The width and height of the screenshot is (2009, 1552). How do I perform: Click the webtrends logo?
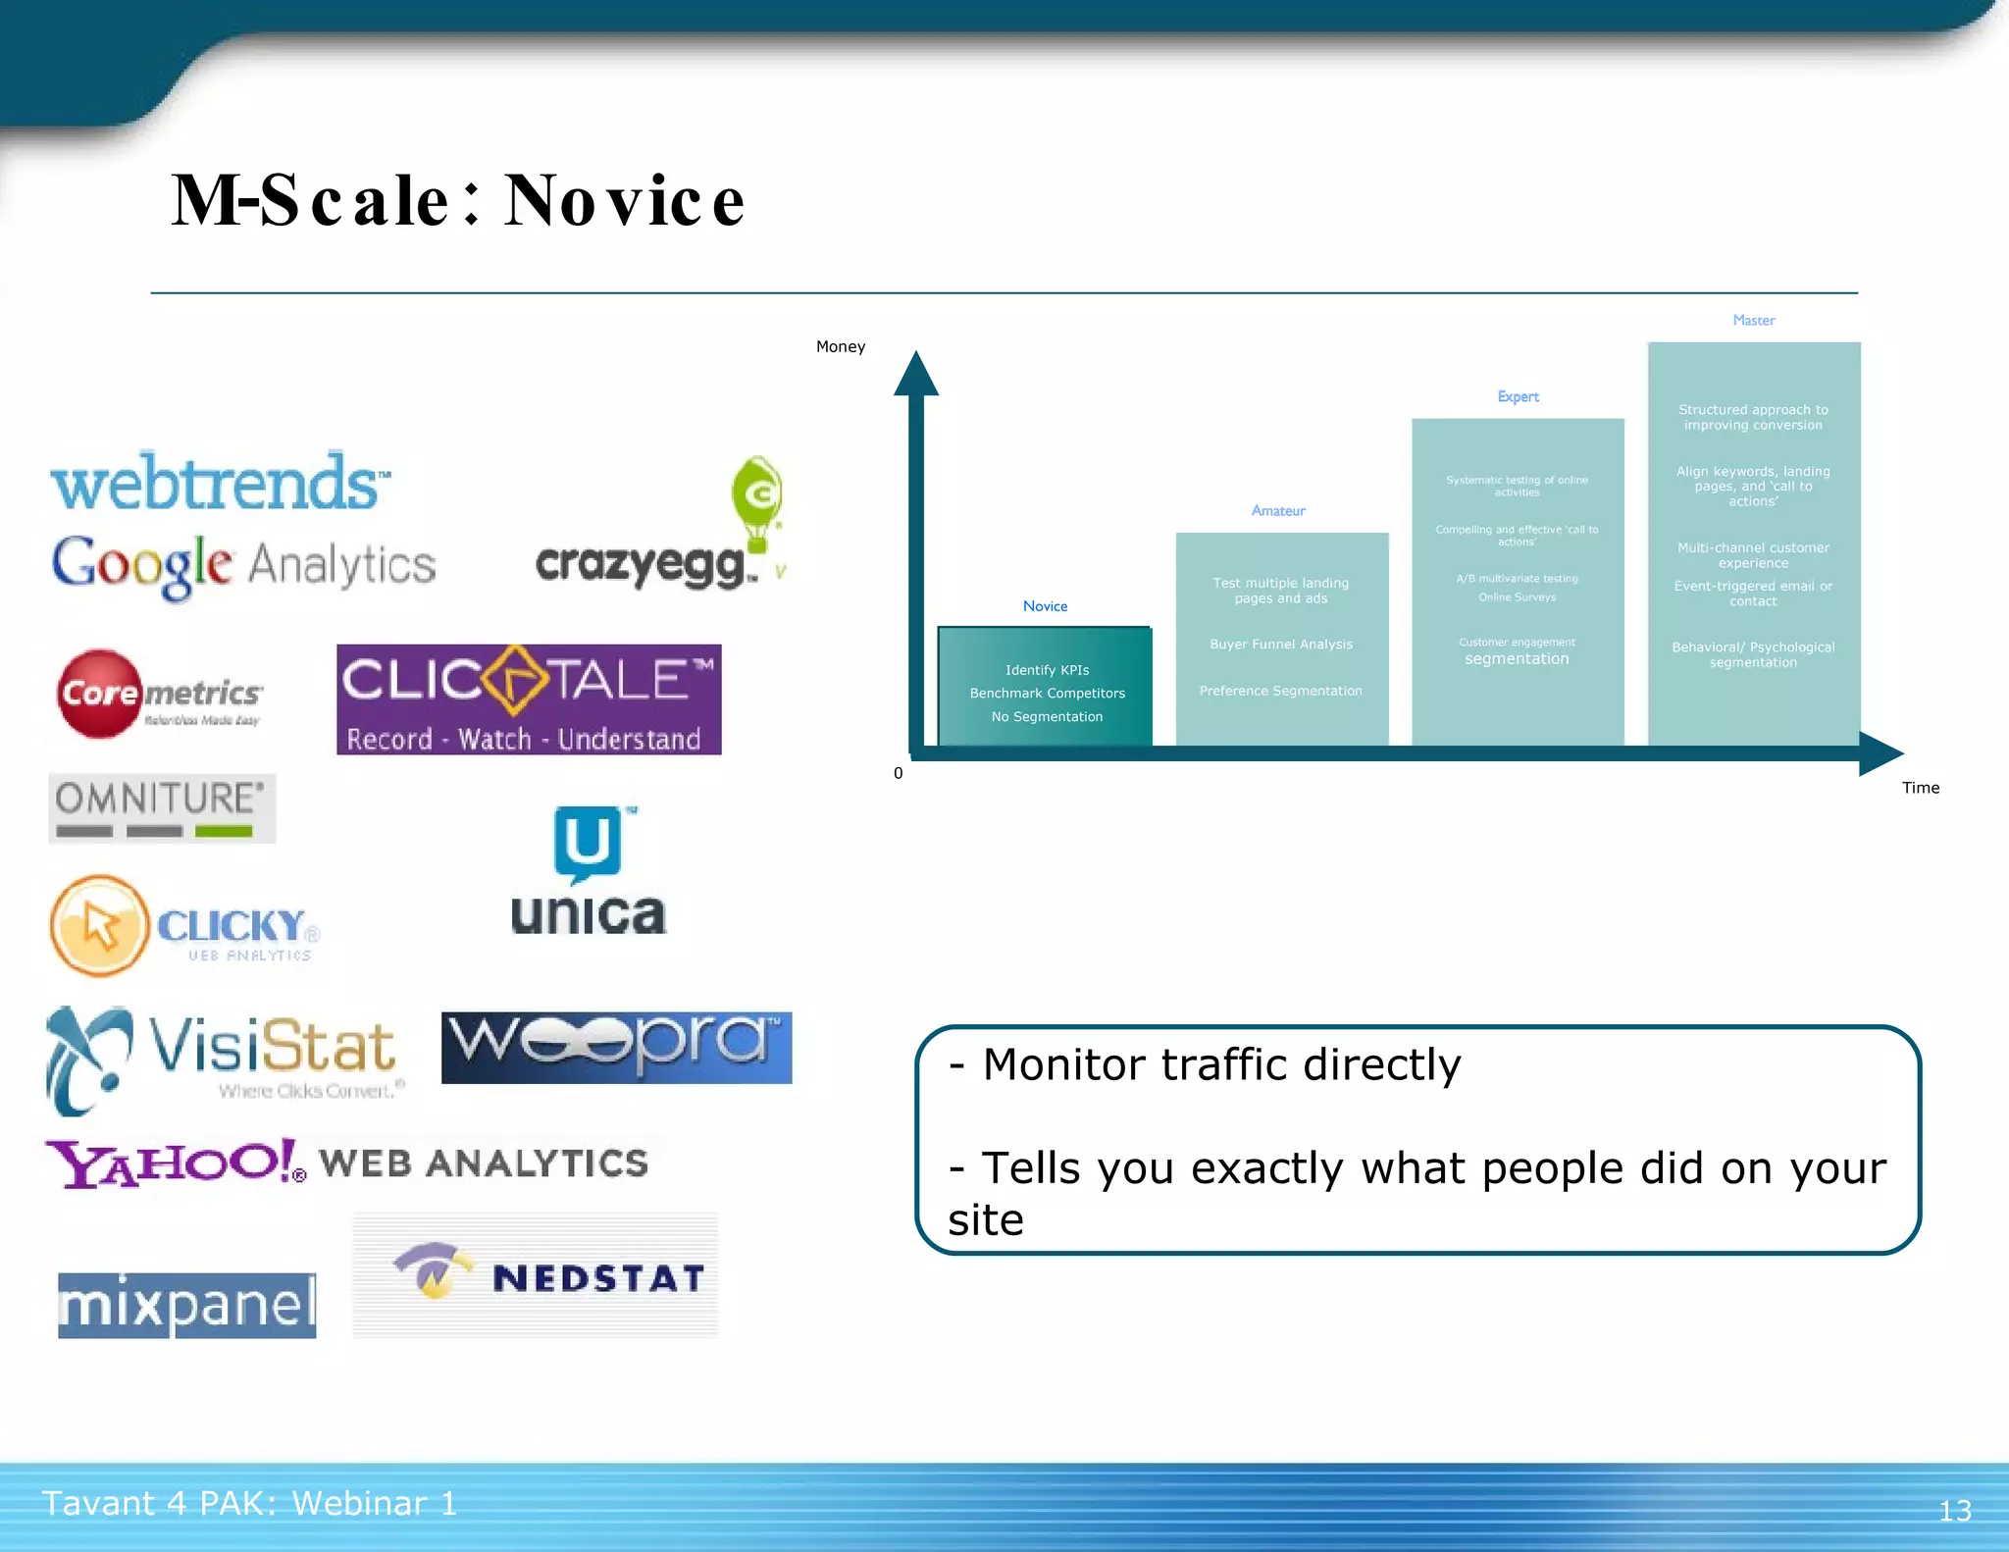pyautogui.click(x=220, y=483)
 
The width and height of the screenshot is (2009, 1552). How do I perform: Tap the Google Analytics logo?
pyautogui.click(x=243, y=565)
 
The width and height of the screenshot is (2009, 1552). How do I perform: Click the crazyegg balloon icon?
pyautogui.click(x=756, y=500)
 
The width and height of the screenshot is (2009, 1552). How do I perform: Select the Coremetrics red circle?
pyautogui.click(x=98, y=693)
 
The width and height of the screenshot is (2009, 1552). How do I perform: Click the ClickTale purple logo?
pyautogui.click(x=529, y=699)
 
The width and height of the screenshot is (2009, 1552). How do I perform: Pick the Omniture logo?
pyautogui.click(x=162, y=808)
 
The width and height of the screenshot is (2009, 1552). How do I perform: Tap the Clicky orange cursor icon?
pyautogui.click(x=99, y=925)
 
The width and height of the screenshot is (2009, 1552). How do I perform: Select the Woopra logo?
pyautogui.click(x=616, y=1047)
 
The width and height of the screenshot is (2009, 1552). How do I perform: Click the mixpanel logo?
pyautogui.click(x=187, y=1305)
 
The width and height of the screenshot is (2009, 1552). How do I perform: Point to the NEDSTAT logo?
pyautogui.click(x=536, y=1275)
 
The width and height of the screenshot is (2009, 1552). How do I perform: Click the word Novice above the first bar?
pyautogui.click(x=1045, y=606)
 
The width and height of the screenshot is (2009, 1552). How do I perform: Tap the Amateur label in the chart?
pyautogui.click(x=1278, y=510)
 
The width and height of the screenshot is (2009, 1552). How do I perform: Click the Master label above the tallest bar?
pyautogui.click(x=1753, y=320)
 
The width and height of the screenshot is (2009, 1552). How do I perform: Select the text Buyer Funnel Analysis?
pyautogui.click(x=1281, y=645)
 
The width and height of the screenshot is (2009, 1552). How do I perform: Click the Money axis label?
pyautogui.click(x=841, y=346)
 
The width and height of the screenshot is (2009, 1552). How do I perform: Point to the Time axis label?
pyautogui.click(x=1920, y=788)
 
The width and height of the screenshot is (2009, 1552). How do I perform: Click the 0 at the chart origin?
pyautogui.click(x=898, y=773)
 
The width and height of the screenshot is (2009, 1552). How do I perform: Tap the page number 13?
pyautogui.click(x=1954, y=1510)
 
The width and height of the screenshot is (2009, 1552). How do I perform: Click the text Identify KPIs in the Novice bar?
pyautogui.click(x=1047, y=670)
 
